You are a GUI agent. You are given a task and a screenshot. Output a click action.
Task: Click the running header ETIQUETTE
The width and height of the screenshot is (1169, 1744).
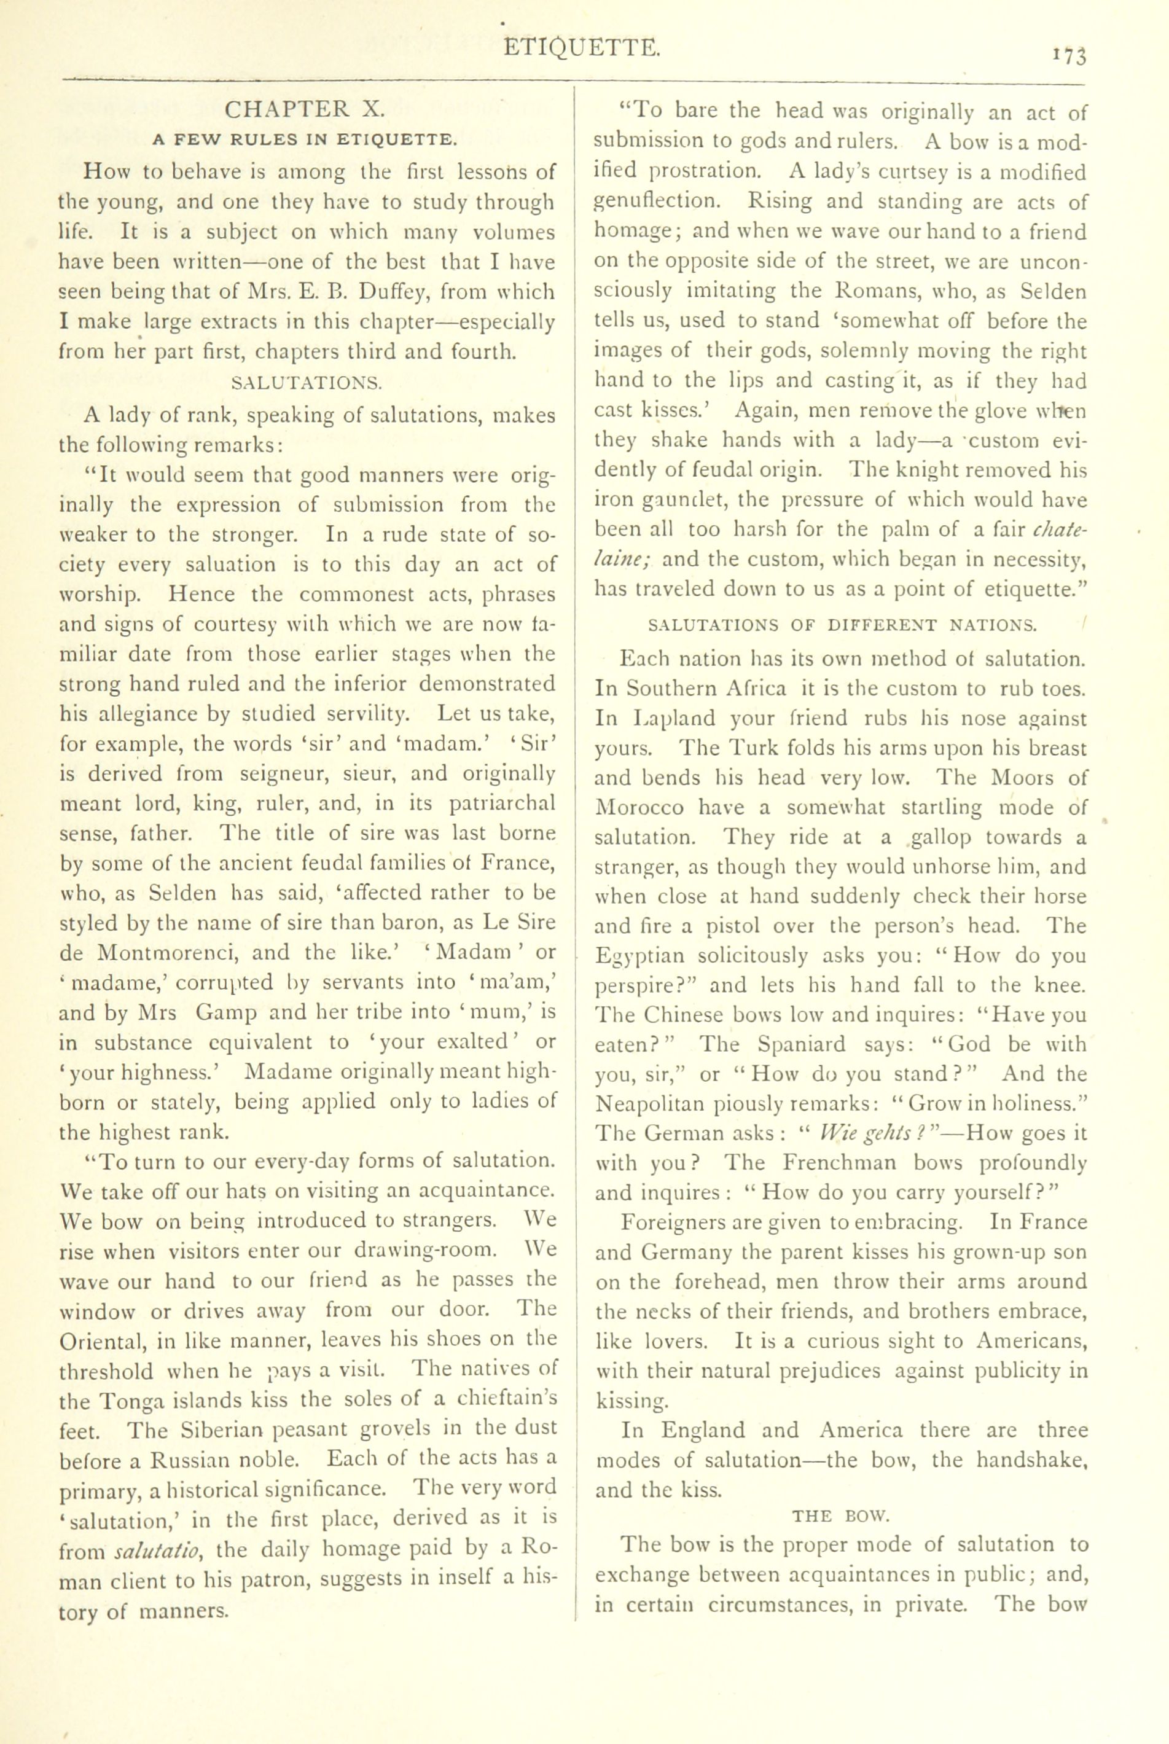[582, 49]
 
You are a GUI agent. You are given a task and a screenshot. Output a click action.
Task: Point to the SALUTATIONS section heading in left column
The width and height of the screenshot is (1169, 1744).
[307, 383]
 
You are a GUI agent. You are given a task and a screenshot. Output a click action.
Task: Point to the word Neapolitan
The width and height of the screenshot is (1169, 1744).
[660, 1105]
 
